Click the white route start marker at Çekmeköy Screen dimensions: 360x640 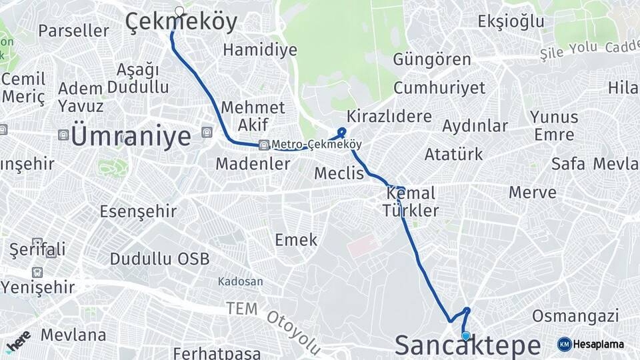[179, 11]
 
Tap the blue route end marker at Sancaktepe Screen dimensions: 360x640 [465, 337]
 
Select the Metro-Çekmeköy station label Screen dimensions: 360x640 [316, 145]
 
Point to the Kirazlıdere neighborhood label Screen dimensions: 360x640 [389, 116]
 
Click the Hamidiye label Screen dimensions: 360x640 [250, 49]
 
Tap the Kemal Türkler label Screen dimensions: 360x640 [410, 202]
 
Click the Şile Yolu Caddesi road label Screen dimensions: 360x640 [590, 48]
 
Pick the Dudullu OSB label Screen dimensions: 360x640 [159, 259]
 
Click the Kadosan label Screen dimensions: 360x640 [240, 282]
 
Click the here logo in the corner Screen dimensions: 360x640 [18, 340]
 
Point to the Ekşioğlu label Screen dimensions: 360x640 [511, 21]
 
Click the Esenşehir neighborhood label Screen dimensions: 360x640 [138, 211]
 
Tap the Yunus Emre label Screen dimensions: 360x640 [554, 125]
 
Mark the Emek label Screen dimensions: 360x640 [296, 240]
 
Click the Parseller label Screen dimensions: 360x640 [73, 31]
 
